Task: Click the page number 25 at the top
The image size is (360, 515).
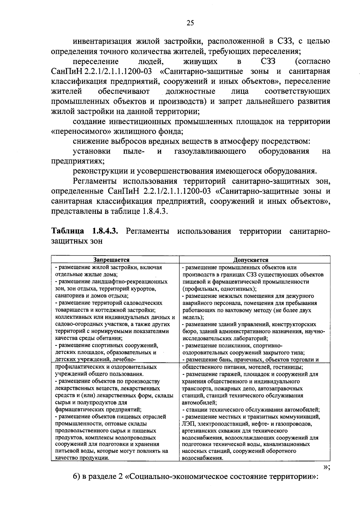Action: [x=190, y=23]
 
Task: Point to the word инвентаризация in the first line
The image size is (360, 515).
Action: [x=102, y=41]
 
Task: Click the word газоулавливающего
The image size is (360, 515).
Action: [x=210, y=151]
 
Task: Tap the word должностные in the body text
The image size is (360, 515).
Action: [x=190, y=91]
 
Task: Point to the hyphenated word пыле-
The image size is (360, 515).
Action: [x=134, y=151]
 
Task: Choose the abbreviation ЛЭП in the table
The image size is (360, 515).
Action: [x=188, y=424]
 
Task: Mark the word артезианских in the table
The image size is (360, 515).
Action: [x=199, y=431]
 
